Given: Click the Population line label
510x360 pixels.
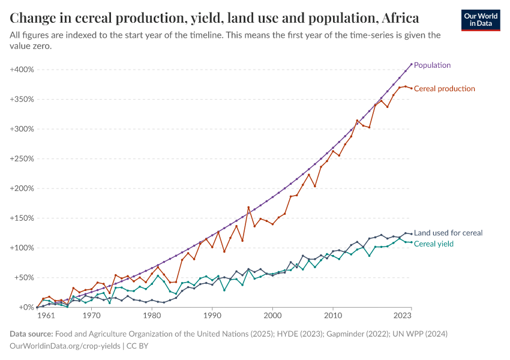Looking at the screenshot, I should click(432, 65).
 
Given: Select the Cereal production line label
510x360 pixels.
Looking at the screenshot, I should click(444, 89).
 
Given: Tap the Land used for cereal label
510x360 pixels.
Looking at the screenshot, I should click(448, 233).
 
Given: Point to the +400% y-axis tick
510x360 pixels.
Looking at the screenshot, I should click(22, 70).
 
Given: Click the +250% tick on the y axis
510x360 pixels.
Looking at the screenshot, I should click(22, 158).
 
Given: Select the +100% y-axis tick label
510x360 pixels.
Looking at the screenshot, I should click(22, 248).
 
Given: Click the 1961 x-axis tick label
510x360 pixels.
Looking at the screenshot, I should click(45, 315).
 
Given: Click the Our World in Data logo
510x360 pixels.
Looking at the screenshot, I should click(481, 20).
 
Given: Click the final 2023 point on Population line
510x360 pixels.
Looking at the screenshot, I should click(412, 64).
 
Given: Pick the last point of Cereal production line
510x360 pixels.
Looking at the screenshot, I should click(412, 88).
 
